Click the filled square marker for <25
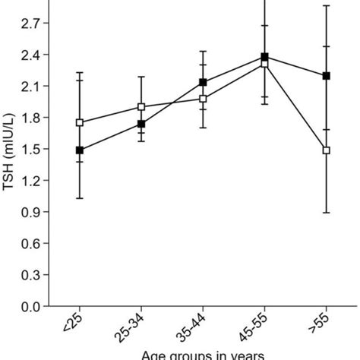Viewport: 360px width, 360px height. (80, 150)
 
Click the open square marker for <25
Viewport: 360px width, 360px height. (80, 122)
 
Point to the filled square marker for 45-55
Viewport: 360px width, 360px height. (264, 57)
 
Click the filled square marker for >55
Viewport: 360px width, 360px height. (327, 76)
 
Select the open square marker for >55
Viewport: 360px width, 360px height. (327, 150)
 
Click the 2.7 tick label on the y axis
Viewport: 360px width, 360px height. (30, 24)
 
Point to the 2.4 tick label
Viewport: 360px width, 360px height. (30, 55)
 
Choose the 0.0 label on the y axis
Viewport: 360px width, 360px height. (30, 307)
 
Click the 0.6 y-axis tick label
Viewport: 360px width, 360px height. (30, 244)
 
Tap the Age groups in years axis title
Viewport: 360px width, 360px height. (203, 354)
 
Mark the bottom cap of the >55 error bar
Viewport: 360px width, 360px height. (327, 213)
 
